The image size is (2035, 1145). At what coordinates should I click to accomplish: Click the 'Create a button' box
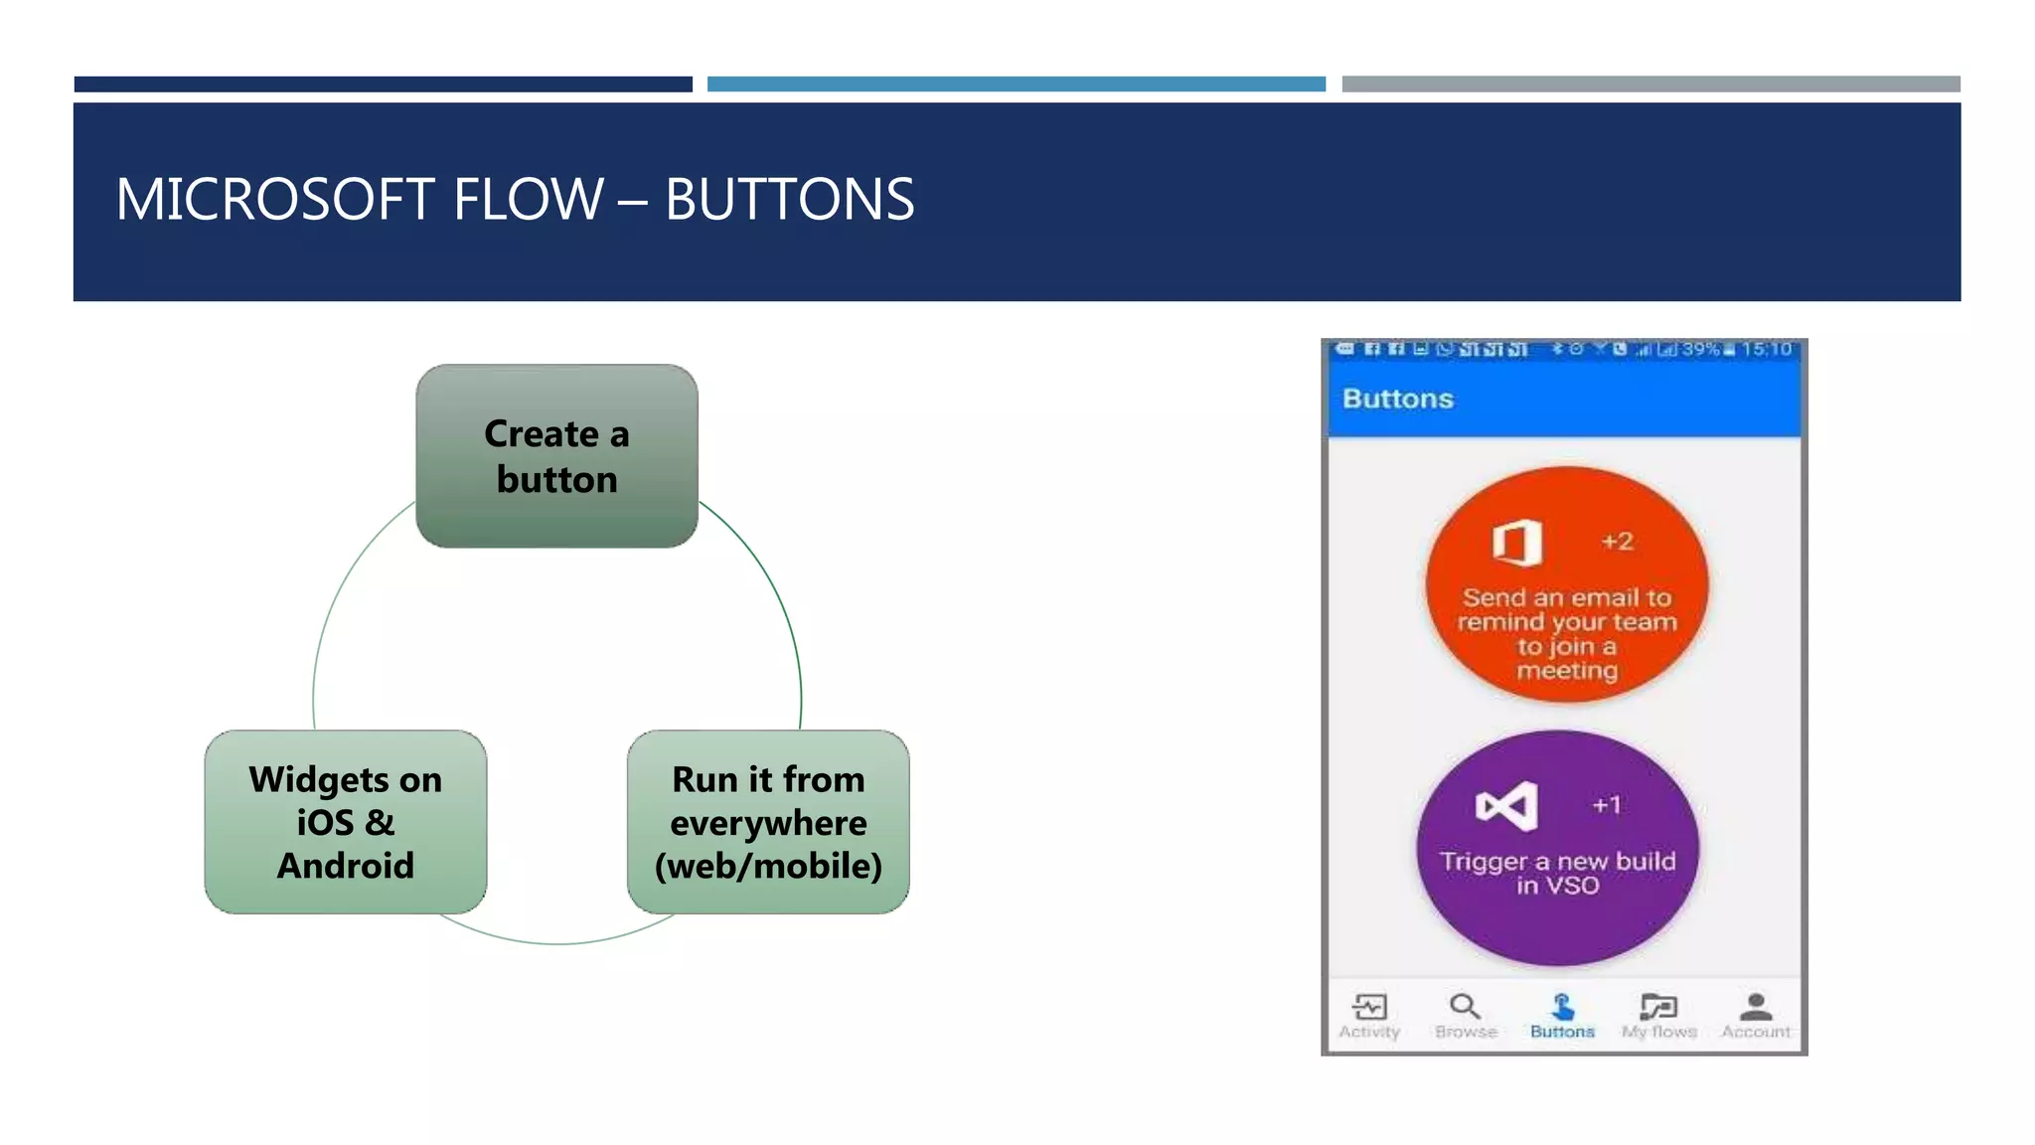point(556,455)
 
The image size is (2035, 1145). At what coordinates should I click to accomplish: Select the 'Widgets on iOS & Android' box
point(345,822)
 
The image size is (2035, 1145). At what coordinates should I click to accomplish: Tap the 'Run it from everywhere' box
point(768,822)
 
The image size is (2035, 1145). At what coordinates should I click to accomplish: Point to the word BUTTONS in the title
point(789,199)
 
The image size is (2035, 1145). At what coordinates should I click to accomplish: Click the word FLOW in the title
point(528,199)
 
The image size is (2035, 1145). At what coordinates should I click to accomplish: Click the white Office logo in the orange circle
point(1516,543)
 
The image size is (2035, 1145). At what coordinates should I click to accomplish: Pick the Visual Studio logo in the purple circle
point(1506,806)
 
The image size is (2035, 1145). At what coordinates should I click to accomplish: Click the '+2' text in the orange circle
point(1617,542)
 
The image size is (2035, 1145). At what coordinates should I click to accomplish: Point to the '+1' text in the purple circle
point(1607,805)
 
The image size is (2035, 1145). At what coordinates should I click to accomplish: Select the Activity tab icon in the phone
point(1369,1007)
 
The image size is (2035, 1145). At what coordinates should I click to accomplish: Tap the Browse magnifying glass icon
point(1465,1007)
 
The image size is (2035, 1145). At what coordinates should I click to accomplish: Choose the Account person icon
point(1756,1007)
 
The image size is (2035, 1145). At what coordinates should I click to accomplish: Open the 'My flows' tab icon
point(1658,1007)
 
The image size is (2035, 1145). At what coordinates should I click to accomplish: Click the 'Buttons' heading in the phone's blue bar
point(1397,399)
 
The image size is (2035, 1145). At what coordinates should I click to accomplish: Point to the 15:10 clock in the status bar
point(1766,349)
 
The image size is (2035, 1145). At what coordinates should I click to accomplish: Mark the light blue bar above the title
point(1016,84)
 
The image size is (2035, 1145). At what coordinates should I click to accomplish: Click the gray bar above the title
point(1650,84)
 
